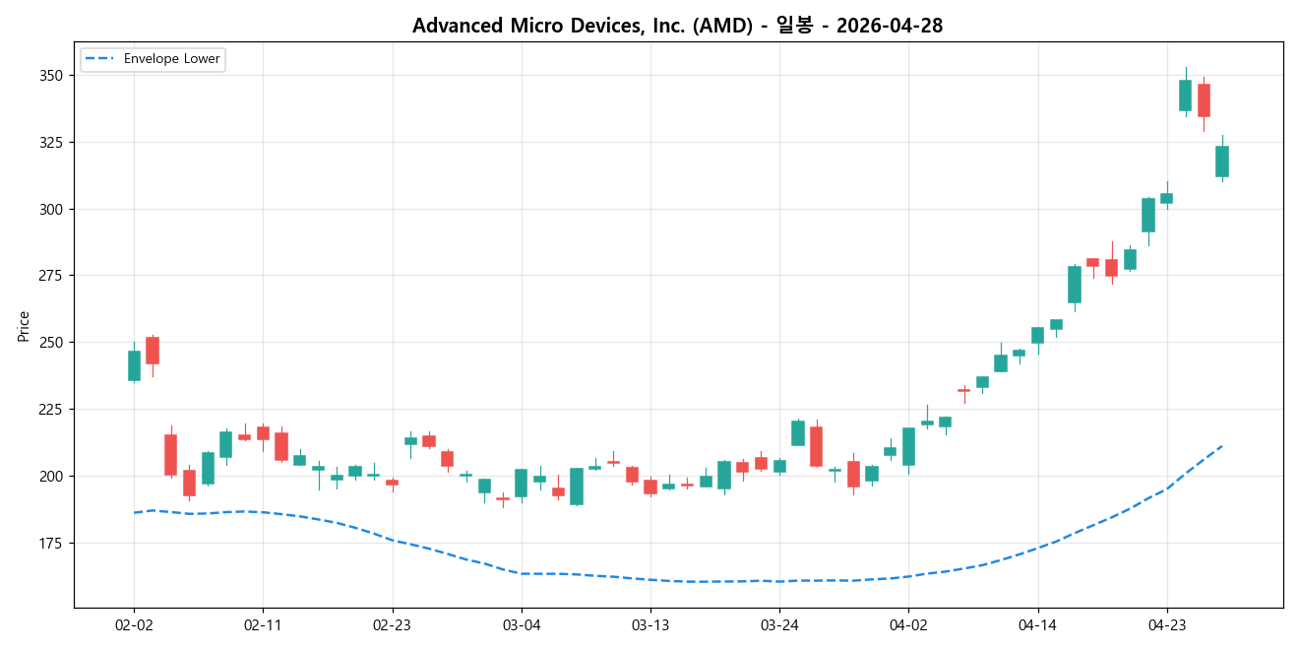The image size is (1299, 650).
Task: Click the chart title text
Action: [x=677, y=26]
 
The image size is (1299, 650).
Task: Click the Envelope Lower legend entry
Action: [x=153, y=59]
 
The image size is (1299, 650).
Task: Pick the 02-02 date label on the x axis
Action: [x=134, y=624]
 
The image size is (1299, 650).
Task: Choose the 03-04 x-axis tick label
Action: [x=521, y=624]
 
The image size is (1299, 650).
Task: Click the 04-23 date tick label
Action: [x=1166, y=624]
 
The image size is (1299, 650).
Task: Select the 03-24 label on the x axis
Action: [x=779, y=624]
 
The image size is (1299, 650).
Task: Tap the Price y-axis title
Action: [x=24, y=326]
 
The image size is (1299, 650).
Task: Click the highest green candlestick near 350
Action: [x=1185, y=96]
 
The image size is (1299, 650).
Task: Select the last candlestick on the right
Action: [x=1221, y=162]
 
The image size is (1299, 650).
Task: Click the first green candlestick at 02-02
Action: [x=134, y=365]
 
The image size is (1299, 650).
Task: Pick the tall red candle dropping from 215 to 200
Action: [x=170, y=455]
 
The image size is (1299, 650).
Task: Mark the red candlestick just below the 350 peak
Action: [x=1204, y=100]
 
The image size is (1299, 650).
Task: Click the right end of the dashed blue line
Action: [x=1221, y=445]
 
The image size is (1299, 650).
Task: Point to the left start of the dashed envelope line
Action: [x=134, y=512]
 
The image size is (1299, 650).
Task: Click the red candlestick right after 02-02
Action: [x=153, y=351]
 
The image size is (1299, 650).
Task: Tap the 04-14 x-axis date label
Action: [x=1037, y=624]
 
